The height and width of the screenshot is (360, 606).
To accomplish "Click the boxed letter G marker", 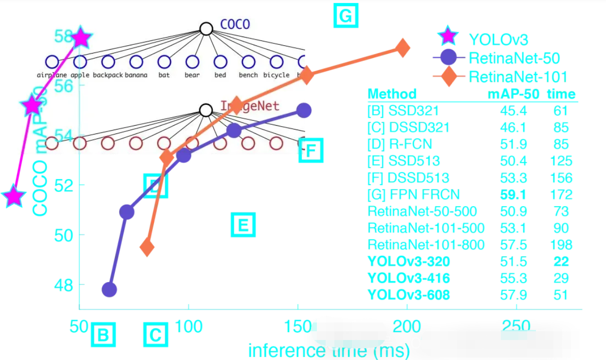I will tap(345, 16).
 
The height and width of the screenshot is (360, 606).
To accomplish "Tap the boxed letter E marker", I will tap(243, 225).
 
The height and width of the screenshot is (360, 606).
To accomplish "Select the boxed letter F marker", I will tap(311, 151).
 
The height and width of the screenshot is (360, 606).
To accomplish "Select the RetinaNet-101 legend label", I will tap(518, 76).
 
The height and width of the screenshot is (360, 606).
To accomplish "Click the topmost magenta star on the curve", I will tap(81, 38).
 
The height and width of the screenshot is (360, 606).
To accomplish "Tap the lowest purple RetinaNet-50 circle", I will tap(109, 289).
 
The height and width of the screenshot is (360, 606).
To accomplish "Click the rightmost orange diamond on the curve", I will tap(402, 48).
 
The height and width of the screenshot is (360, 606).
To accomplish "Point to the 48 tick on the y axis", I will tap(62, 284).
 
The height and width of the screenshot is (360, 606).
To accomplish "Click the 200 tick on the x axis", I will tap(406, 326).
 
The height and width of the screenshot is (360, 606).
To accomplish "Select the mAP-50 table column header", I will tap(513, 94).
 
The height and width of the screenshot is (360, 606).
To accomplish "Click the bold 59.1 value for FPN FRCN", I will tap(513, 195).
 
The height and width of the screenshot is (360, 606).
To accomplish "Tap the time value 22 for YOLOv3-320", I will tap(561, 262).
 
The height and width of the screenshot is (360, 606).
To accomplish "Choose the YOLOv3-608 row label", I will tap(408, 295).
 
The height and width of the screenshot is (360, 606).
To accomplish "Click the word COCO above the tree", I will tap(235, 24).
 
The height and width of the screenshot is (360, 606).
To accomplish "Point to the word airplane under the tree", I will tap(52, 75).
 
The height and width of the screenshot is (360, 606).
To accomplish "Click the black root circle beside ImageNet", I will tap(206, 111).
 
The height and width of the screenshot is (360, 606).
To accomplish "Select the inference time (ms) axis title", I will tap(329, 350).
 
